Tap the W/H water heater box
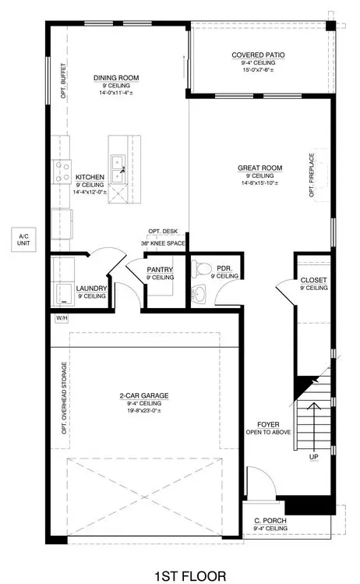coord(60,318)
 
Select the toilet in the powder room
coord(204,269)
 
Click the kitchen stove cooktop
coord(60,170)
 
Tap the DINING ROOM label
coord(116,78)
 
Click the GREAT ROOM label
coord(259,168)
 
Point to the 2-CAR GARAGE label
coord(143,395)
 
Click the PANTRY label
coord(160,270)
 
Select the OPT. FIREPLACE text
coord(312,178)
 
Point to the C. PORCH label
coord(270,521)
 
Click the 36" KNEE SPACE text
coord(163,243)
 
